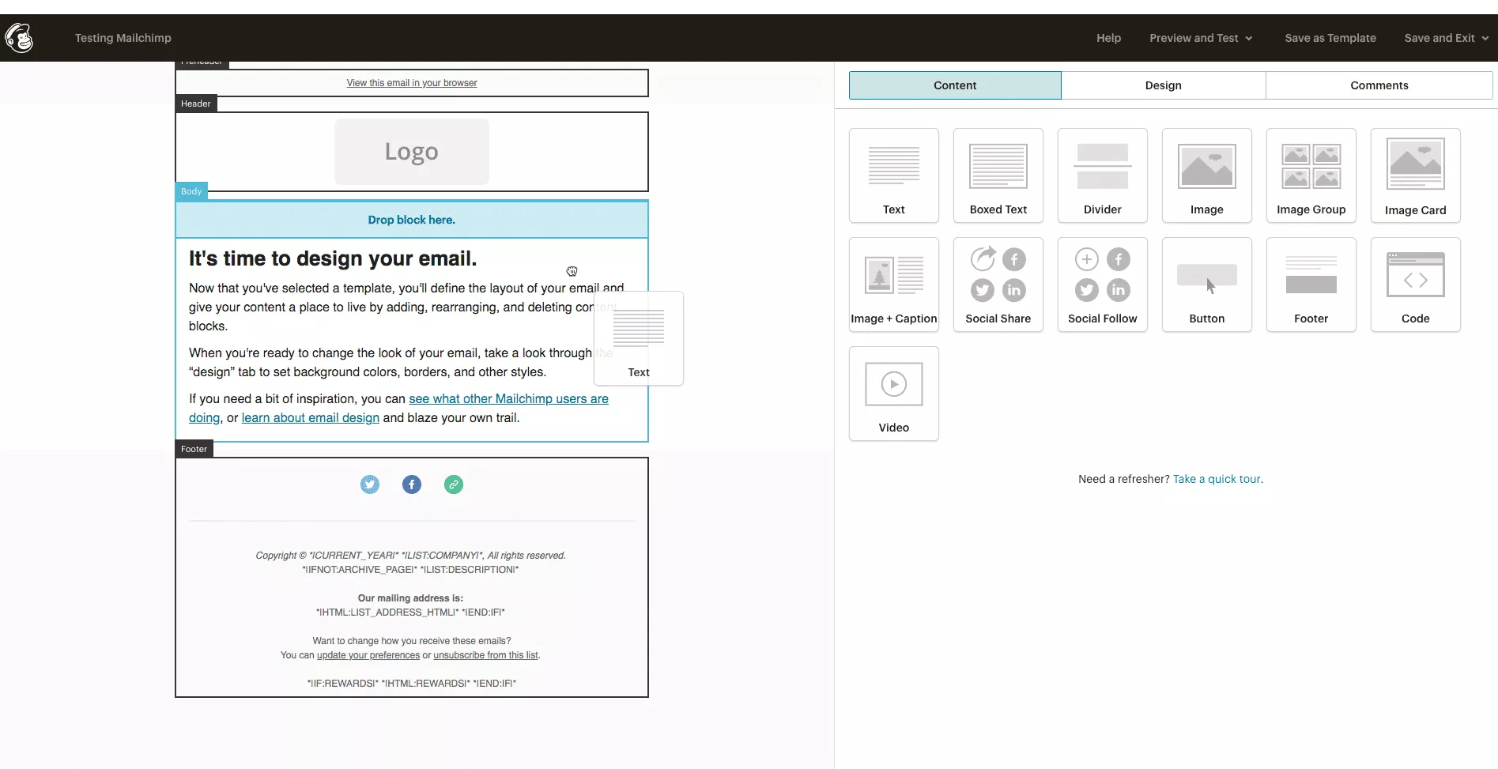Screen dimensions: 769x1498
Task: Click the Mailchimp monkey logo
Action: pos(19,37)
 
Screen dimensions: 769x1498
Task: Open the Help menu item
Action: pos(1108,38)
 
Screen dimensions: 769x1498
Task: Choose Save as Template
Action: pos(1330,38)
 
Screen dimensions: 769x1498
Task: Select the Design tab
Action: pos(1163,85)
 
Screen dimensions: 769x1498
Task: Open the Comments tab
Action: pos(1379,85)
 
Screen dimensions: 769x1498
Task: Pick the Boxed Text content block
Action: pos(998,175)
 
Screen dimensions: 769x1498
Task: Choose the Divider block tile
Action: pos(1102,175)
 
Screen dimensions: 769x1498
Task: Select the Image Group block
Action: pos(1311,175)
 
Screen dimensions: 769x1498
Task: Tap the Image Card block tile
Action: pos(1415,175)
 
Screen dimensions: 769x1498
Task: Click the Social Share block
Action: pos(998,285)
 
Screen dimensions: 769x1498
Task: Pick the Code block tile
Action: pos(1415,285)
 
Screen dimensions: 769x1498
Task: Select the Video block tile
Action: pos(893,394)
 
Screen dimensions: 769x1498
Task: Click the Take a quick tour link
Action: pos(1217,479)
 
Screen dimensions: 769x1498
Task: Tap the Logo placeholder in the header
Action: pos(411,152)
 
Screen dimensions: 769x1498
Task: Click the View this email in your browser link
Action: pos(411,83)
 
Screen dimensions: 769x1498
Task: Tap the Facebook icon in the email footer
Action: pos(412,484)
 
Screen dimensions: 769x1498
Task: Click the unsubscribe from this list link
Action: pos(485,655)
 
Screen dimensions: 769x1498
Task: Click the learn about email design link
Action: pos(310,418)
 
